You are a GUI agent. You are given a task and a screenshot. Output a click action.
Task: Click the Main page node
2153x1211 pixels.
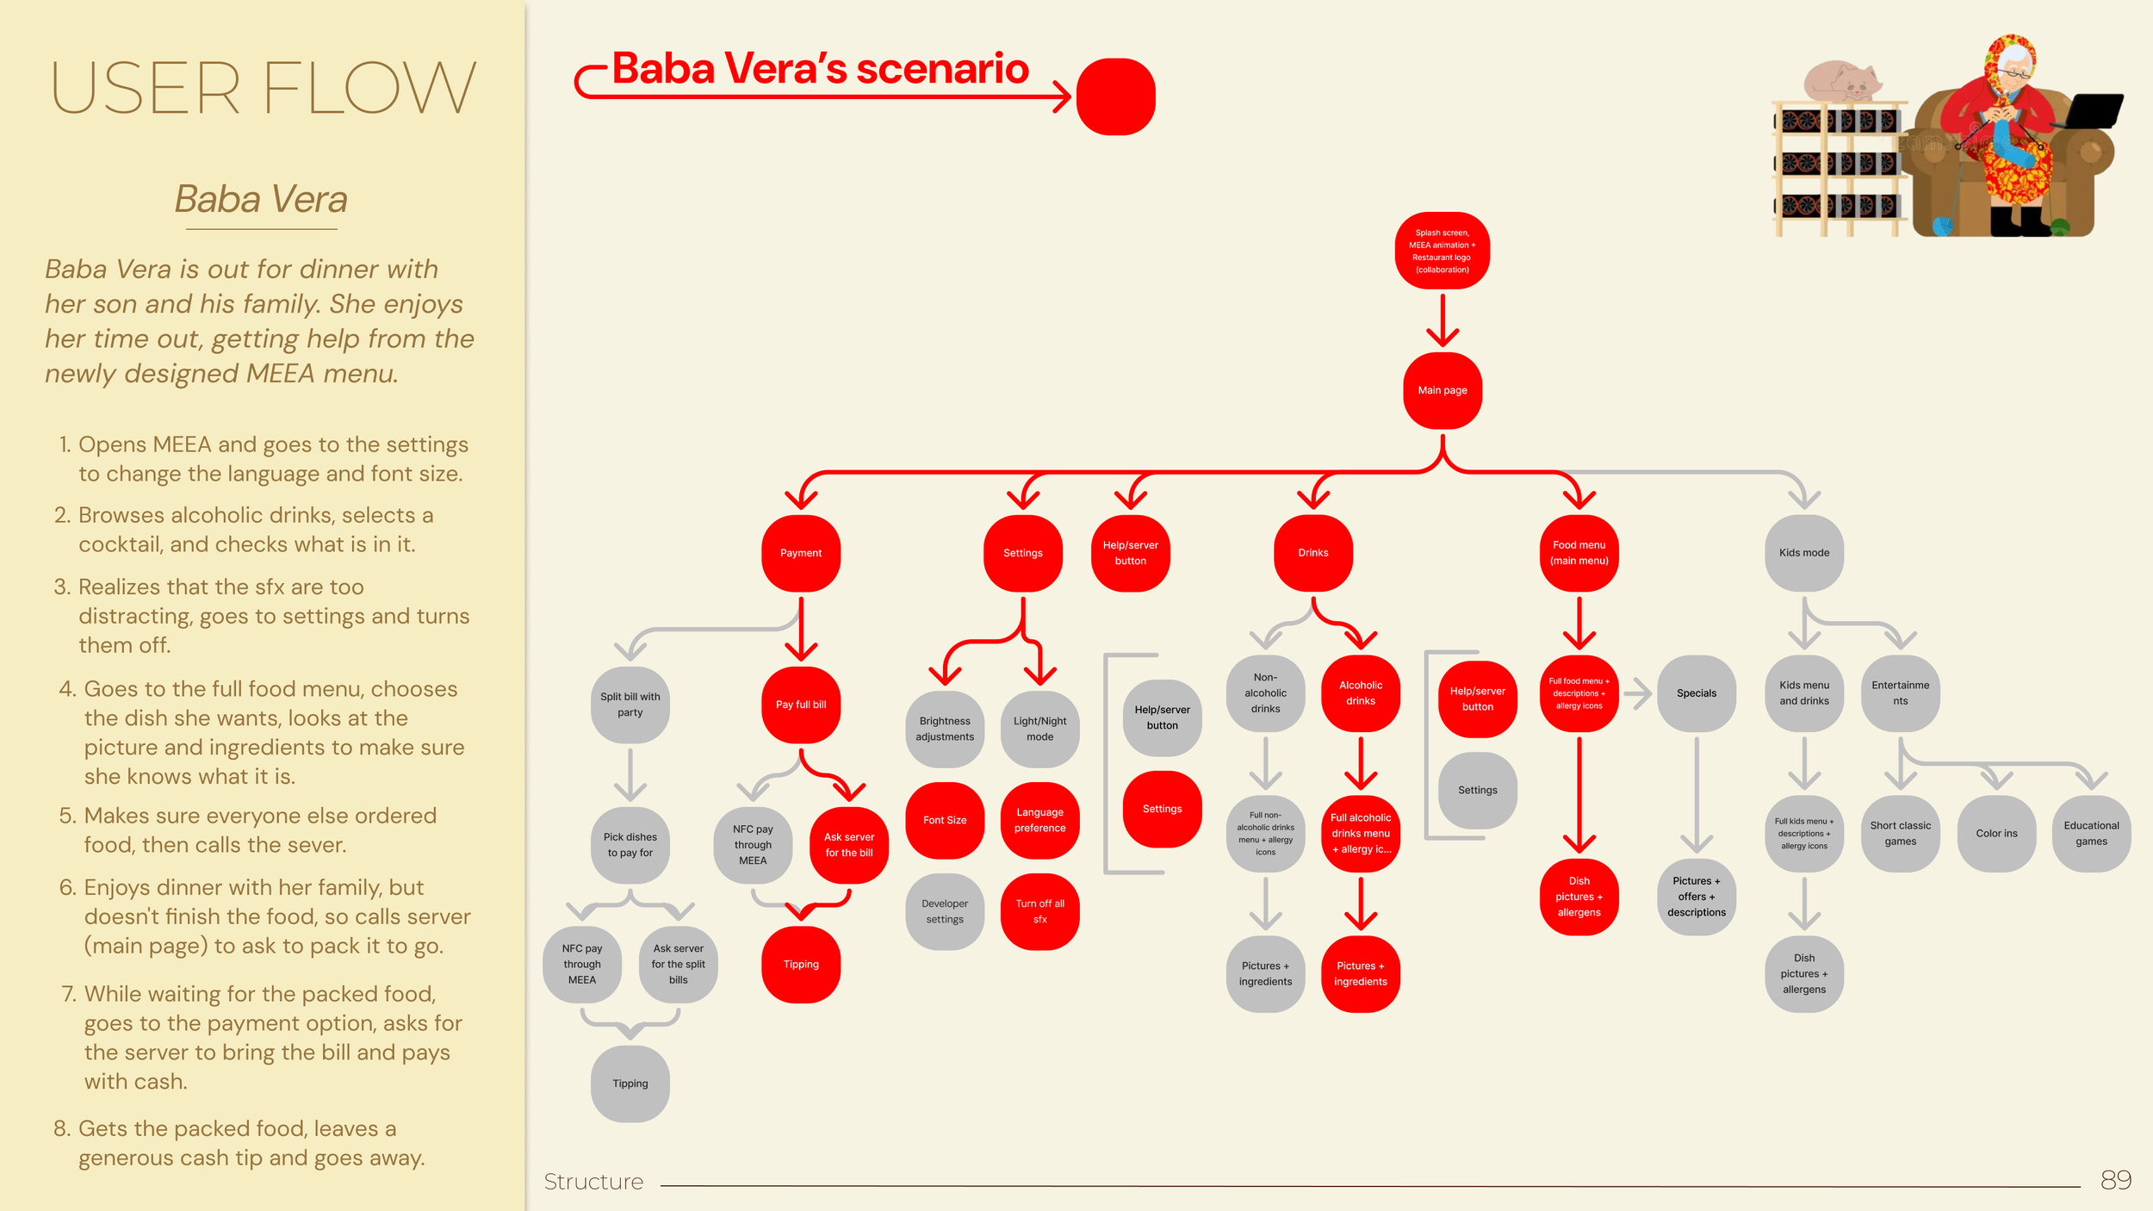pyautogui.click(x=1443, y=390)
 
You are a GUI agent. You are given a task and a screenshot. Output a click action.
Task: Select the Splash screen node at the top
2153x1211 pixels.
pyautogui.click(x=1443, y=251)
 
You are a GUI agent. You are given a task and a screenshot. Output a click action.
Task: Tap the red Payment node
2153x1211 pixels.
pyautogui.click(x=801, y=553)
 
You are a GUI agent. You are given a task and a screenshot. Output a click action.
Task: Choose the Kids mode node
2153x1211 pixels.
pyautogui.click(x=1804, y=553)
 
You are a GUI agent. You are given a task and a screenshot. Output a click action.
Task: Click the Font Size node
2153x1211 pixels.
pyautogui.click(x=945, y=820)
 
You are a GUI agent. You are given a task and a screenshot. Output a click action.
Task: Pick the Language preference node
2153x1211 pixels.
pyautogui.click(x=1039, y=820)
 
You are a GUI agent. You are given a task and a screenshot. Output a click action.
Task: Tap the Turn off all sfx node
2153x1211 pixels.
pyautogui.click(x=1039, y=911)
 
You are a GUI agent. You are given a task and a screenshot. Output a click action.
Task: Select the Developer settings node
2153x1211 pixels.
pyautogui.click(x=945, y=911)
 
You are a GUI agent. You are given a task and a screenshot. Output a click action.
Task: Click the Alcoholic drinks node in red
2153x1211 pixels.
pyautogui.click(x=1361, y=693)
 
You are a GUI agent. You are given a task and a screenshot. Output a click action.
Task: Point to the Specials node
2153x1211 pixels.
pyautogui.click(x=1697, y=693)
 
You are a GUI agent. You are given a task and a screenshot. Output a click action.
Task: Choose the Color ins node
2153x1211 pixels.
pyautogui.click(x=1996, y=833)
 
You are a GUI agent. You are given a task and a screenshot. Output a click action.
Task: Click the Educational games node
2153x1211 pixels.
pyautogui.click(x=2091, y=833)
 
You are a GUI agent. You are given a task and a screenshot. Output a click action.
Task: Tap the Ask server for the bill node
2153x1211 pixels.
pyautogui.click(x=849, y=845)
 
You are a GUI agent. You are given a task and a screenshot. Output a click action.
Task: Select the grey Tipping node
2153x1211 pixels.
pyautogui.click(x=630, y=1084)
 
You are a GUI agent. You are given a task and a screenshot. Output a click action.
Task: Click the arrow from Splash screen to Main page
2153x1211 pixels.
pyautogui.click(x=1443, y=320)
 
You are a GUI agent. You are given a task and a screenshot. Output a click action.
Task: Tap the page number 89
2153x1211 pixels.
pyautogui.click(x=2115, y=1180)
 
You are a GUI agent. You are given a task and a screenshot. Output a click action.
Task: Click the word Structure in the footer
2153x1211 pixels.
pyautogui.click(x=593, y=1182)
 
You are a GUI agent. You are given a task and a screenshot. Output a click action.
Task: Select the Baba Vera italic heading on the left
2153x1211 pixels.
pyautogui.click(x=261, y=200)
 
